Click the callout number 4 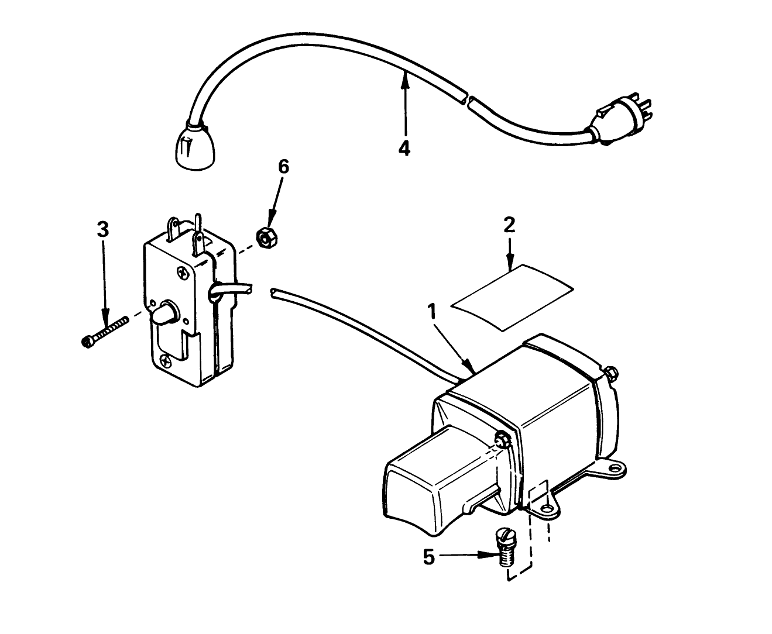[x=404, y=149]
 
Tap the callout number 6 [x=283, y=166]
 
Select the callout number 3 [x=102, y=229]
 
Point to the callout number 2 [x=509, y=225]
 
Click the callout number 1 [x=431, y=312]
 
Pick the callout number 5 [x=429, y=557]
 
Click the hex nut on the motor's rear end [x=610, y=371]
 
